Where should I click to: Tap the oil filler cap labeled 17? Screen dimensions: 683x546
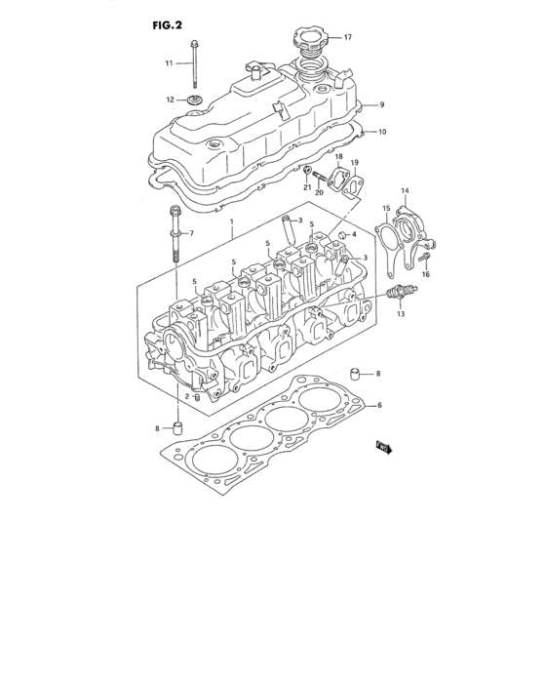coord(308,44)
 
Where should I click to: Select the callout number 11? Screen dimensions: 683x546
coord(168,63)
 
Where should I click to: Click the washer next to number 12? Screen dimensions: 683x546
coord(194,100)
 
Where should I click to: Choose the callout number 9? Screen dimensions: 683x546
coord(382,104)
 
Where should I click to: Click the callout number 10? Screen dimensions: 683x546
coord(382,131)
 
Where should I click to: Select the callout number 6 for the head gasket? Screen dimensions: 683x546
coord(380,405)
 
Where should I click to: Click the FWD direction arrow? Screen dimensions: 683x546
coord(382,448)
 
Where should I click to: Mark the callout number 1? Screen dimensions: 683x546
coord(231,223)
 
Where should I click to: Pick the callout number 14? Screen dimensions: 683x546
coord(406,191)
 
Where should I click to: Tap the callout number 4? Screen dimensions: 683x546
coord(355,234)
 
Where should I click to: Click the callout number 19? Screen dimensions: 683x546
coord(355,162)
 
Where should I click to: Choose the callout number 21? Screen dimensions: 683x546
coord(305,187)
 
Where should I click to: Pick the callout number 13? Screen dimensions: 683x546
coord(400,314)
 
